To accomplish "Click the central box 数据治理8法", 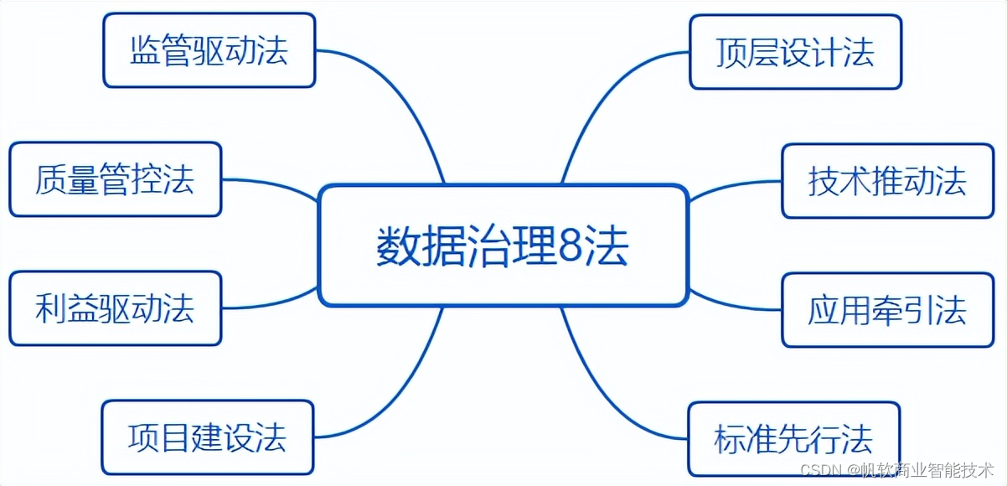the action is (503, 245).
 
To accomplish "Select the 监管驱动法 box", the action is (209, 50).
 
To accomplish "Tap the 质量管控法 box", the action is (115, 179).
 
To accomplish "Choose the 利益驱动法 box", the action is (115, 308).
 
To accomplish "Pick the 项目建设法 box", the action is (207, 437).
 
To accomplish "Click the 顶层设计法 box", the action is (795, 52).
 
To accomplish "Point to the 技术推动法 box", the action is (887, 181).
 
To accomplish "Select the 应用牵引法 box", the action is (887, 310).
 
